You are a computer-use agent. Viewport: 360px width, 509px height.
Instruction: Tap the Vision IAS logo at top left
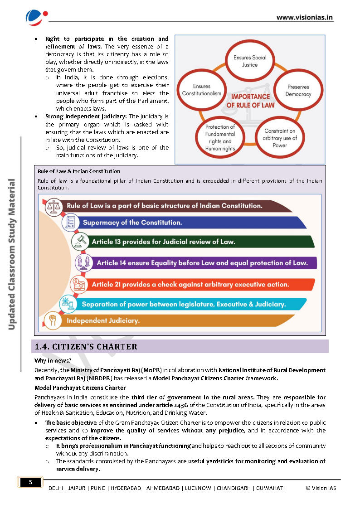(x=36, y=17)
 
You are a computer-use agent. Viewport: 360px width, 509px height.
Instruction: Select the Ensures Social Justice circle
(x=250, y=61)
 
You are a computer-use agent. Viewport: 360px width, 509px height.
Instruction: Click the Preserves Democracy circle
(x=298, y=91)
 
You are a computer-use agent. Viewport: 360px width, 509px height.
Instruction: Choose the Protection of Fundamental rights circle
(x=220, y=138)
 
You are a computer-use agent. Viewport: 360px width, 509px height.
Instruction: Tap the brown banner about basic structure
(x=172, y=206)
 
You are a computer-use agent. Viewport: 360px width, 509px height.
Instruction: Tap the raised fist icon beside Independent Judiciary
(x=53, y=320)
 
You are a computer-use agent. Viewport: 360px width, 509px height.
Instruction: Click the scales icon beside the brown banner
(x=56, y=206)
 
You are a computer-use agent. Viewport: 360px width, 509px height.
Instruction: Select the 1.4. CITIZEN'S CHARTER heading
(x=86, y=347)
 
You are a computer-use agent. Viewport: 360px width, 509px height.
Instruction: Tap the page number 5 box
(x=31, y=482)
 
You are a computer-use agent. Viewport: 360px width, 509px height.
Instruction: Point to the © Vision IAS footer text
(x=321, y=488)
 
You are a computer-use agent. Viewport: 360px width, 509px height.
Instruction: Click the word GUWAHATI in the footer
(x=270, y=488)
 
